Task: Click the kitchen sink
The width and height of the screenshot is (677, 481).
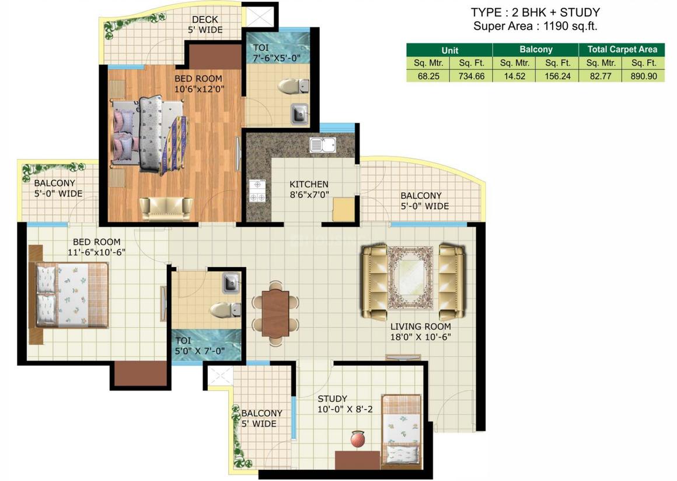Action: point(323,145)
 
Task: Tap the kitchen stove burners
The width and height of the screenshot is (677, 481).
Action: point(257,191)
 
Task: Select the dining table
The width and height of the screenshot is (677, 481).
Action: point(275,313)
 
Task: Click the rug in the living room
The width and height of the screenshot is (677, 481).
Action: point(410,277)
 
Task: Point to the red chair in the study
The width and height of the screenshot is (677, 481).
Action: point(358,439)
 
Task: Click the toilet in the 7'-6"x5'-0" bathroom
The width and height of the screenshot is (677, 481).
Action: point(293,86)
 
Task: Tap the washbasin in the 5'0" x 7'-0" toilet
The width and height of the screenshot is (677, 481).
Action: point(231,283)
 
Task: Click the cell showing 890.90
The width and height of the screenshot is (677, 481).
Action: point(643,76)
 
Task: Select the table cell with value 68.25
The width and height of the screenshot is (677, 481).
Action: point(428,76)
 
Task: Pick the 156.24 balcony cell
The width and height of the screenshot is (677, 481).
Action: point(557,76)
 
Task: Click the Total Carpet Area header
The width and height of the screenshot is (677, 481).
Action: point(622,49)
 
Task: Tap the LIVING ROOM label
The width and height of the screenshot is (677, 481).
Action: point(420,327)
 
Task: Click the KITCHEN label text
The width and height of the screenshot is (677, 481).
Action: point(309,184)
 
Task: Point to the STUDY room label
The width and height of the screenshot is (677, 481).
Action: point(332,399)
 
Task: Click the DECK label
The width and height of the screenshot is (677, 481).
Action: point(205,19)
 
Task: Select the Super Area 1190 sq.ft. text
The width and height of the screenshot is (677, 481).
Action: point(535,26)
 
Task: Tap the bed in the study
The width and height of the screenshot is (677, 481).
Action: point(402,431)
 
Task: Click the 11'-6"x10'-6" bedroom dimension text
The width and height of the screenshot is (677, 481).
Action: point(96,252)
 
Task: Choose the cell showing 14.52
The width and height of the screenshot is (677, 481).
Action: point(514,76)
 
